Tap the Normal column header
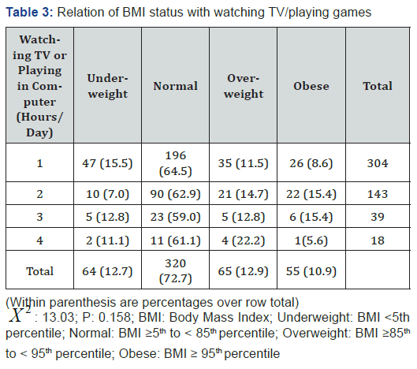pyautogui.click(x=174, y=86)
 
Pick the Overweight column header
pyautogui.click(x=244, y=86)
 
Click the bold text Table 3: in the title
pyautogui.click(x=30, y=11)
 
